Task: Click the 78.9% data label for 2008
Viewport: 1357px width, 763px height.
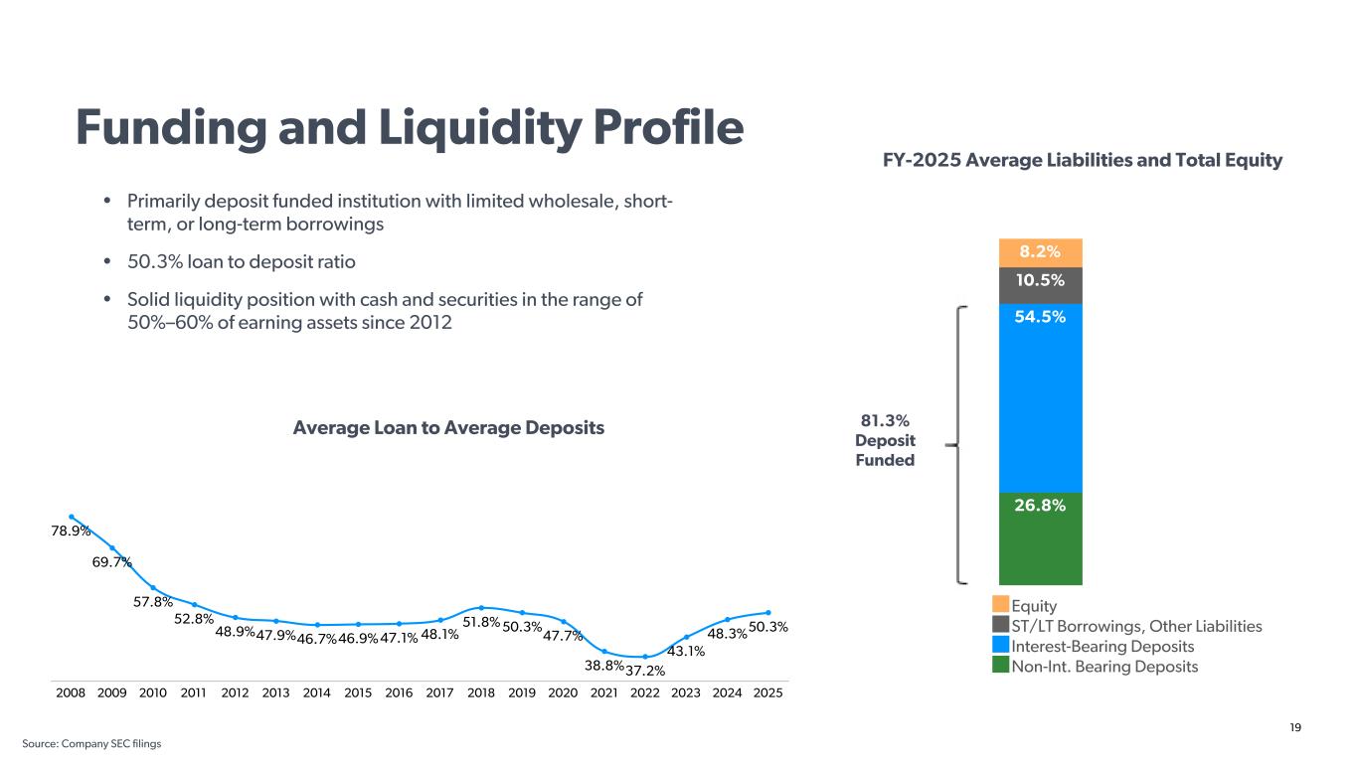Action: [x=71, y=532]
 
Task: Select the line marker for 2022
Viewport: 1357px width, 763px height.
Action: [x=645, y=657]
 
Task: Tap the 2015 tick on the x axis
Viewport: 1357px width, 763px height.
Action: [x=358, y=691]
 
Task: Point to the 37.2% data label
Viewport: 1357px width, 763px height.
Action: [x=645, y=672]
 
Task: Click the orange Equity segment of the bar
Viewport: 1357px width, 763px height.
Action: [x=1040, y=253]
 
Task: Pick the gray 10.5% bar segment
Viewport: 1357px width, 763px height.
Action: [x=1040, y=285]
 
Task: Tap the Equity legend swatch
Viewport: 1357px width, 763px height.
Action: [x=1000, y=605]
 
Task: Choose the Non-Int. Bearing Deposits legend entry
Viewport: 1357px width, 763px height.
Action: [x=1103, y=666]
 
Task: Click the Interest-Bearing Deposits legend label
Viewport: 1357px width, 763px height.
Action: [x=1103, y=646]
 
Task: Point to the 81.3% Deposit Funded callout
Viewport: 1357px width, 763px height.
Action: [x=885, y=440]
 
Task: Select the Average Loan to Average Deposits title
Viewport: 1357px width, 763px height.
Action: [x=448, y=428]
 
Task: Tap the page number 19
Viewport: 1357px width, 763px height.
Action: [x=1294, y=728]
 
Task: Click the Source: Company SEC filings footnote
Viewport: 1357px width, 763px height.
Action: [x=91, y=743]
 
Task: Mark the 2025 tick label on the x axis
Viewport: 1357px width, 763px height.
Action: [x=767, y=691]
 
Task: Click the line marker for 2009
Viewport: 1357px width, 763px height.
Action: [x=112, y=547]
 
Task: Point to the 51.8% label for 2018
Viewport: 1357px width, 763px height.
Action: [x=480, y=622]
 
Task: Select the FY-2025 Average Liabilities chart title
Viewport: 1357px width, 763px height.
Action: [x=1082, y=160]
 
